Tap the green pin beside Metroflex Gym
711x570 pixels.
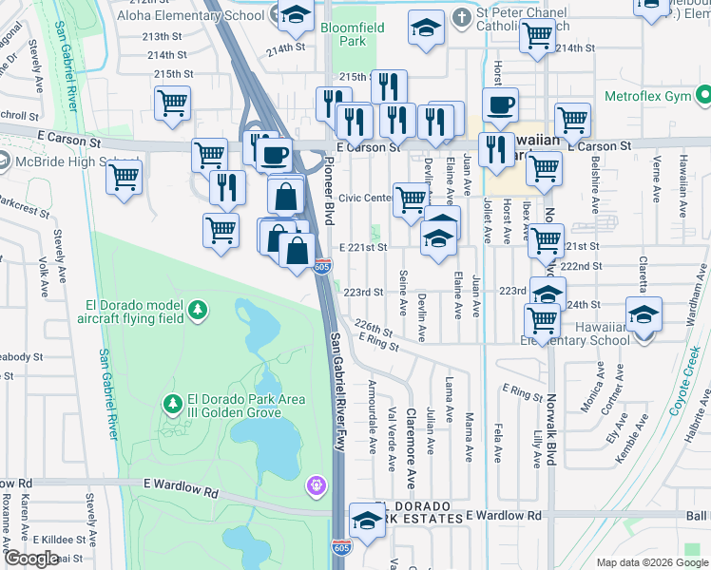coord(702,96)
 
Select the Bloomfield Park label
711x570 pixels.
coord(352,34)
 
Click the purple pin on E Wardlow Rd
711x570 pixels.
coord(316,486)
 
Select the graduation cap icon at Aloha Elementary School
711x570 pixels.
coord(298,13)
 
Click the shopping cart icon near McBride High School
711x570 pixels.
coord(125,177)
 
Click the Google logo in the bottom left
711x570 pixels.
coord(31,559)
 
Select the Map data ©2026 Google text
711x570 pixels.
coord(651,562)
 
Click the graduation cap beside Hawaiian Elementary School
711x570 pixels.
coord(644,315)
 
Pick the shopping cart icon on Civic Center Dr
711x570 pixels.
coord(411,199)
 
